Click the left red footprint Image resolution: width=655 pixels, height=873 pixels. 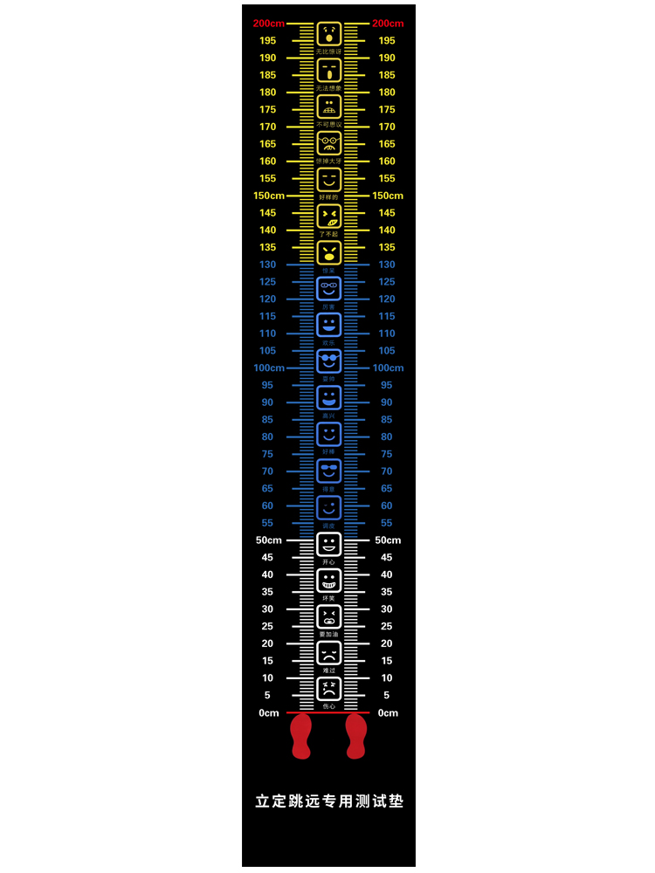coord(300,735)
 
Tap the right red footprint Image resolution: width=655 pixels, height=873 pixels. coord(356,735)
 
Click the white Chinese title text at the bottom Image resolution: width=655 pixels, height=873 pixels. coord(328,801)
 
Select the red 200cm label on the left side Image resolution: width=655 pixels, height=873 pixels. coord(268,24)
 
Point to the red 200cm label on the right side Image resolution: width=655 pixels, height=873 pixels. coord(388,24)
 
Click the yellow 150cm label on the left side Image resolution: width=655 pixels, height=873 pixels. coord(269,196)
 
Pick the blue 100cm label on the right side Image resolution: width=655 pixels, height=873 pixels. coord(388,368)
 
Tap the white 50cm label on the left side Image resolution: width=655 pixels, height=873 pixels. coord(268,540)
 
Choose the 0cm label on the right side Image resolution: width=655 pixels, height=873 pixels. coord(388,713)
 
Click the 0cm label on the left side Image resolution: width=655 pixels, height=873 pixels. coord(269,713)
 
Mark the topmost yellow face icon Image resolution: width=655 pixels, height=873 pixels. coord(328,35)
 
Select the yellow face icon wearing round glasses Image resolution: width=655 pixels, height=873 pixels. coord(328,142)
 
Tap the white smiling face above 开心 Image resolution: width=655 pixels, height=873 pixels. coord(328,545)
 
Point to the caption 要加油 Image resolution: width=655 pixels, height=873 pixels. coord(328,634)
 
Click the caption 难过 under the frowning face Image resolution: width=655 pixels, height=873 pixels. coord(328,670)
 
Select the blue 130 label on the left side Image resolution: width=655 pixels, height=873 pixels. coord(267,265)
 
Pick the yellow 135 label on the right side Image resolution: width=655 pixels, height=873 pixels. coord(387,248)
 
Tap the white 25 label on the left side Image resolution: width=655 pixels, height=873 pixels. coord(267,627)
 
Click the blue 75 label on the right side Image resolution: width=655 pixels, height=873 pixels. coord(387,454)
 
